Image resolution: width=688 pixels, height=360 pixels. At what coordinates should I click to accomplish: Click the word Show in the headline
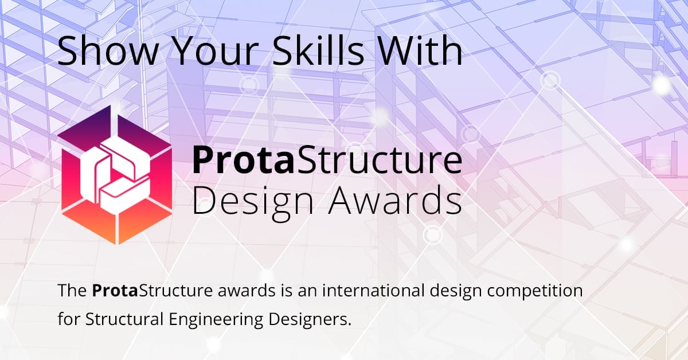tap(108, 50)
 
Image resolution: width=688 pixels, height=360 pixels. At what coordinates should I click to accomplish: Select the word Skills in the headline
tap(318, 50)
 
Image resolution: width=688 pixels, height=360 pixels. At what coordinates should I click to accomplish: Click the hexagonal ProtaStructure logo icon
tap(115, 175)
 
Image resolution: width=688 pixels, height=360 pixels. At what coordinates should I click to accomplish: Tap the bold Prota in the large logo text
tap(243, 161)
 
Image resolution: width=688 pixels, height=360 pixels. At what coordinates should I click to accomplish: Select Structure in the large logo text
tap(378, 161)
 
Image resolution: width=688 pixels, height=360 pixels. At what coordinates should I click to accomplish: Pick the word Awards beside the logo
tap(395, 200)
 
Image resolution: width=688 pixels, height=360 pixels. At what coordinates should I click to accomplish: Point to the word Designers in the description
tap(310, 320)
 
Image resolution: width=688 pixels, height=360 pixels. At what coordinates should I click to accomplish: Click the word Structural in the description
tap(124, 319)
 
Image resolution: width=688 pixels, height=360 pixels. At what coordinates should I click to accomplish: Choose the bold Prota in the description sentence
tap(115, 291)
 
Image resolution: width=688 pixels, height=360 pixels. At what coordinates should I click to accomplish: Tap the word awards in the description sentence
tap(247, 291)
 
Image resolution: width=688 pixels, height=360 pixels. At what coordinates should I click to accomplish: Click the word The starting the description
tap(72, 291)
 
